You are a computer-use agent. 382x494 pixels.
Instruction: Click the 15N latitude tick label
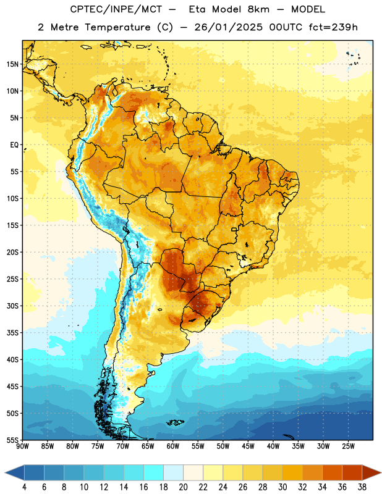[x=12, y=64]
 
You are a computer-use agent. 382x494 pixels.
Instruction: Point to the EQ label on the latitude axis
[x=14, y=145]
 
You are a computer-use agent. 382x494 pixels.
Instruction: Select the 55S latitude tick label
[x=12, y=440]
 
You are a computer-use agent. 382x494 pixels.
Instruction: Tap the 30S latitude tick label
[x=12, y=306]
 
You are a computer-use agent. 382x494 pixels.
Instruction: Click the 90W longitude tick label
[x=22, y=446]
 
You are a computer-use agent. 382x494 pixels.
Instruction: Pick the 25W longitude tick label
[x=348, y=446]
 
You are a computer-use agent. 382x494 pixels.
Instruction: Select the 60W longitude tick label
[x=173, y=446]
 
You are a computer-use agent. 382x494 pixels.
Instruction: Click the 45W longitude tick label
[x=248, y=446]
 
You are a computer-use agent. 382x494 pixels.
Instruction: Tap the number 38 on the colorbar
[x=362, y=487]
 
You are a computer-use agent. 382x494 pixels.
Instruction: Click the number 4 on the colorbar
[x=24, y=487]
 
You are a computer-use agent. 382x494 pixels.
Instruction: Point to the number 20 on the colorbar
[x=183, y=487]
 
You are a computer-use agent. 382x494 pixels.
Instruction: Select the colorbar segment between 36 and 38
[x=352, y=472]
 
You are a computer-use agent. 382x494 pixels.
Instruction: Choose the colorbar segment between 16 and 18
[x=154, y=472]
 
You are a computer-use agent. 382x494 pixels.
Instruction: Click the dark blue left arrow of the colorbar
[x=14, y=472]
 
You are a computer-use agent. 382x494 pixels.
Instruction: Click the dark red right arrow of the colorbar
[x=372, y=472]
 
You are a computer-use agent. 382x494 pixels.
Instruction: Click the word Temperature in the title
[x=117, y=27]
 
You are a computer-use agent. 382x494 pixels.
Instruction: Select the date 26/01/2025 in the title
[x=228, y=27]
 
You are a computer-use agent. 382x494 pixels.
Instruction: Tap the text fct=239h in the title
[x=333, y=27]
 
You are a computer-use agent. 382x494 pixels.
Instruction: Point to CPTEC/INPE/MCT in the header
[x=116, y=9]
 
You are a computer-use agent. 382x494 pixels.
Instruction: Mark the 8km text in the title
[x=258, y=9]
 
